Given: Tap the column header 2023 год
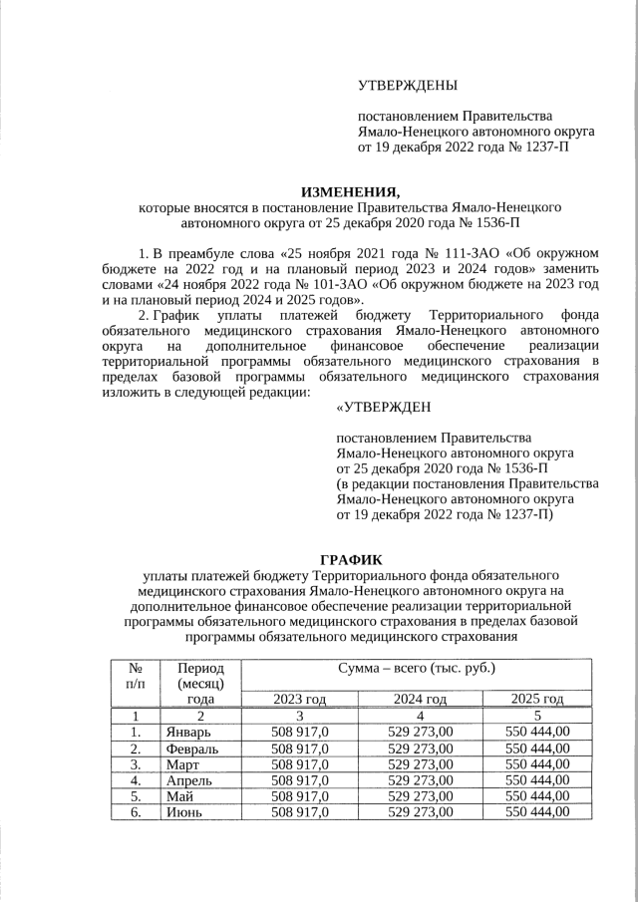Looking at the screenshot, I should pos(299,699).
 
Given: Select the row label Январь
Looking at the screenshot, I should pos(189,732).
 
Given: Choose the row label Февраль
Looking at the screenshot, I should pos(193,748).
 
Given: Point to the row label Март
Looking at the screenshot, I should pos(183,763).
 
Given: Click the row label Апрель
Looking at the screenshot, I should pos(189,779).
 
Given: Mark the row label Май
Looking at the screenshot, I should pos(179,795).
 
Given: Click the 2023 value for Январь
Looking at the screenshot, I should pos(299,732).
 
